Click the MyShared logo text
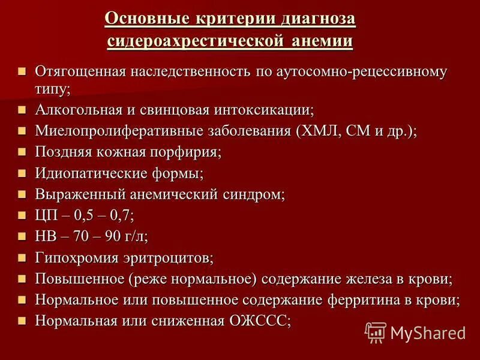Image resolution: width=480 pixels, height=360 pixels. click(427, 332)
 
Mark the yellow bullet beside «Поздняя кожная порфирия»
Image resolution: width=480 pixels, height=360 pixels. click(22, 152)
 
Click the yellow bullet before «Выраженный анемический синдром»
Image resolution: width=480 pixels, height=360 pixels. click(22, 194)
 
